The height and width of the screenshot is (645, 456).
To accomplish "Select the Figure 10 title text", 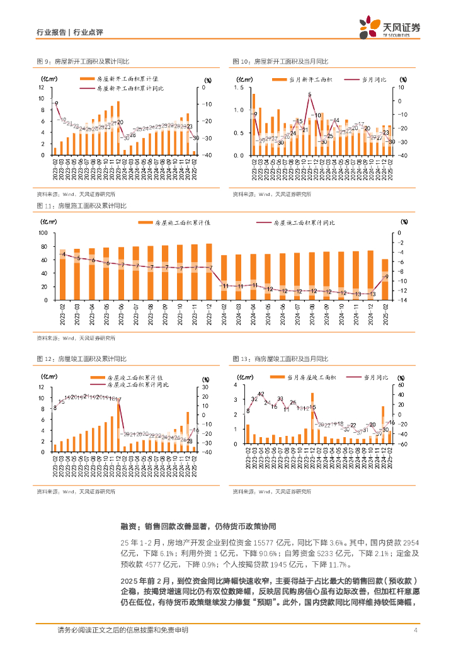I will pyautogui.click(x=280, y=61).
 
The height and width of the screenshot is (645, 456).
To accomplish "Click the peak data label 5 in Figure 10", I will pyautogui.click(x=310, y=94).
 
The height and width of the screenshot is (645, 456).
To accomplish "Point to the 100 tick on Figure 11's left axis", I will pyautogui.click(x=43, y=232).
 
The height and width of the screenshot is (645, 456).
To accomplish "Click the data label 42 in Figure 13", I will pyautogui.click(x=260, y=394).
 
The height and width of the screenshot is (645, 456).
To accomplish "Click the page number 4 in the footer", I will pyautogui.click(x=416, y=631).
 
